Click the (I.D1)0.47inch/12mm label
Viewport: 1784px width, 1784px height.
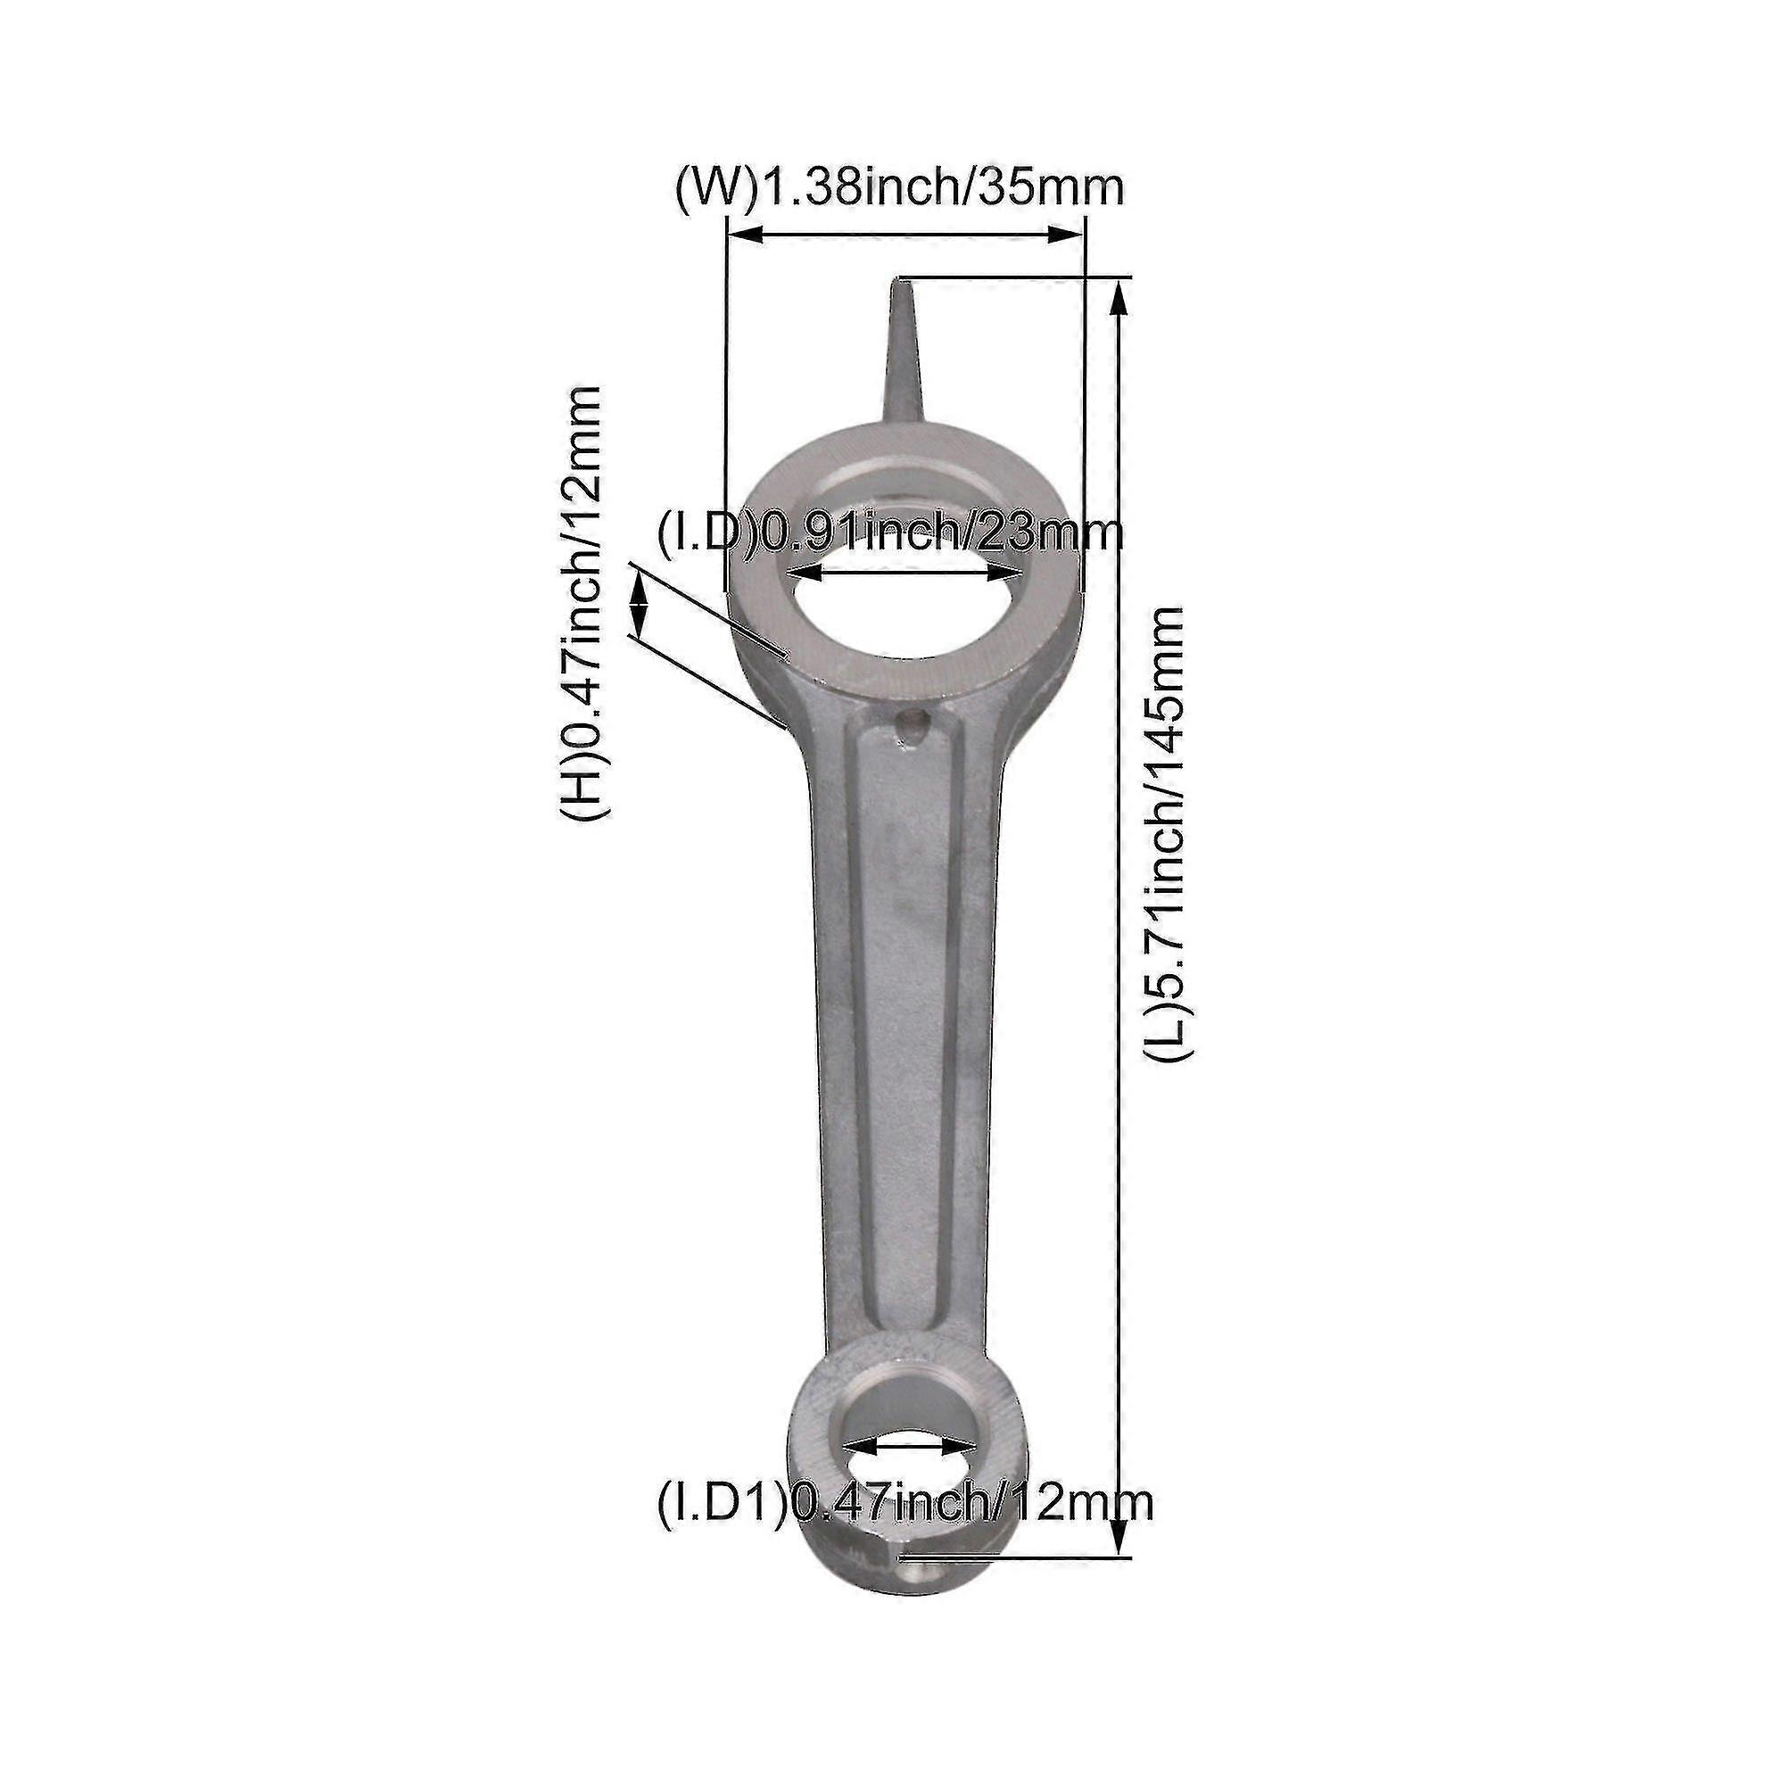(x=904, y=1502)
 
